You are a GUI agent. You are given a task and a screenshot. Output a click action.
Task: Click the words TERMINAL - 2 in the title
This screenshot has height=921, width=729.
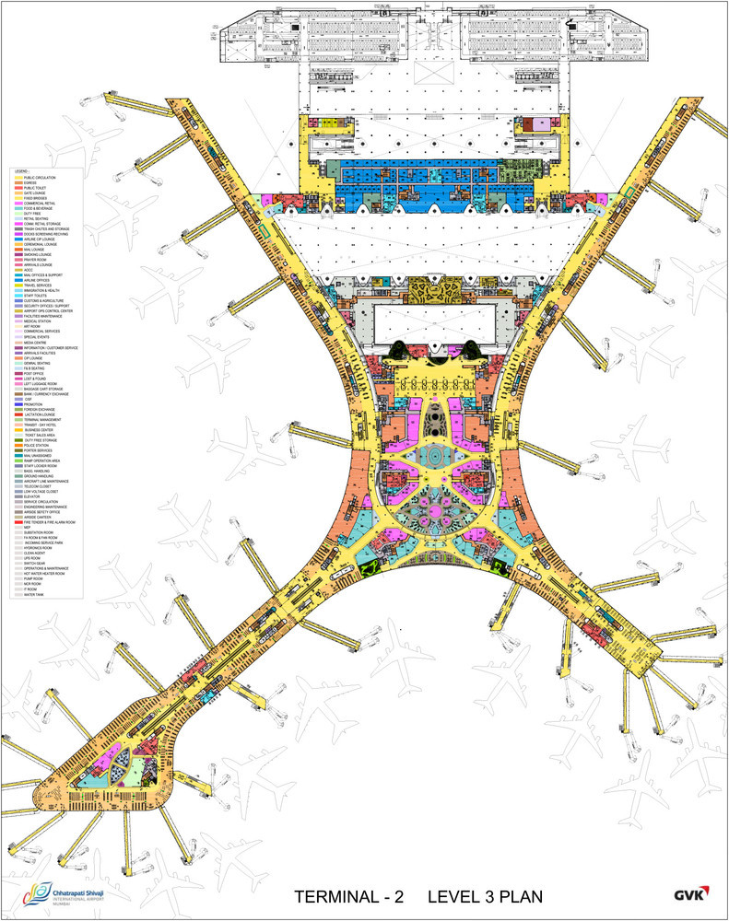pyautogui.click(x=349, y=896)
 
